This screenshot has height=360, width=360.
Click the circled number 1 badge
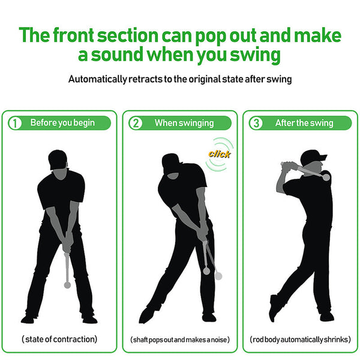pyautogui.click(x=14, y=123)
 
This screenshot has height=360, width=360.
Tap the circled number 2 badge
pyautogui.click(x=136, y=123)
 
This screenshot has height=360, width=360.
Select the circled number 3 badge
pyautogui.click(x=256, y=123)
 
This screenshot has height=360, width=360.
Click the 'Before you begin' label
pyautogui.click(x=62, y=123)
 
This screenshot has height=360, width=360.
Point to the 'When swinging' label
pyautogui.click(x=184, y=123)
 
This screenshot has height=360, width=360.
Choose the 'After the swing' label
pyautogui.click(x=304, y=123)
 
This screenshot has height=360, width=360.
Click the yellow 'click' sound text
pyautogui.click(x=219, y=154)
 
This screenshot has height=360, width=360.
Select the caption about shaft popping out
pyautogui.click(x=180, y=340)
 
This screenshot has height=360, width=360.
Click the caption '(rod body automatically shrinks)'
pyautogui.click(x=300, y=340)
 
